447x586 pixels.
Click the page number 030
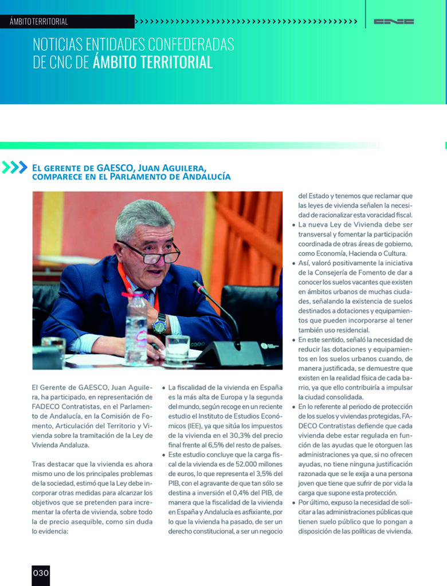[41, 573]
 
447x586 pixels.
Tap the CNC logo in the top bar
[394, 22]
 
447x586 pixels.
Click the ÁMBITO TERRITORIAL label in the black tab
[39, 22]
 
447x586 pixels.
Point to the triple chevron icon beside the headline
[15, 167]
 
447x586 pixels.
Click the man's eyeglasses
[151, 252]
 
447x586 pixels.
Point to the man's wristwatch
[159, 325]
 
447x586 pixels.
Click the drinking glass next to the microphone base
[177, 348]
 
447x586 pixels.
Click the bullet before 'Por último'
[294, 502]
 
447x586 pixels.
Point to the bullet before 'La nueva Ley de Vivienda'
[294, 225]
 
